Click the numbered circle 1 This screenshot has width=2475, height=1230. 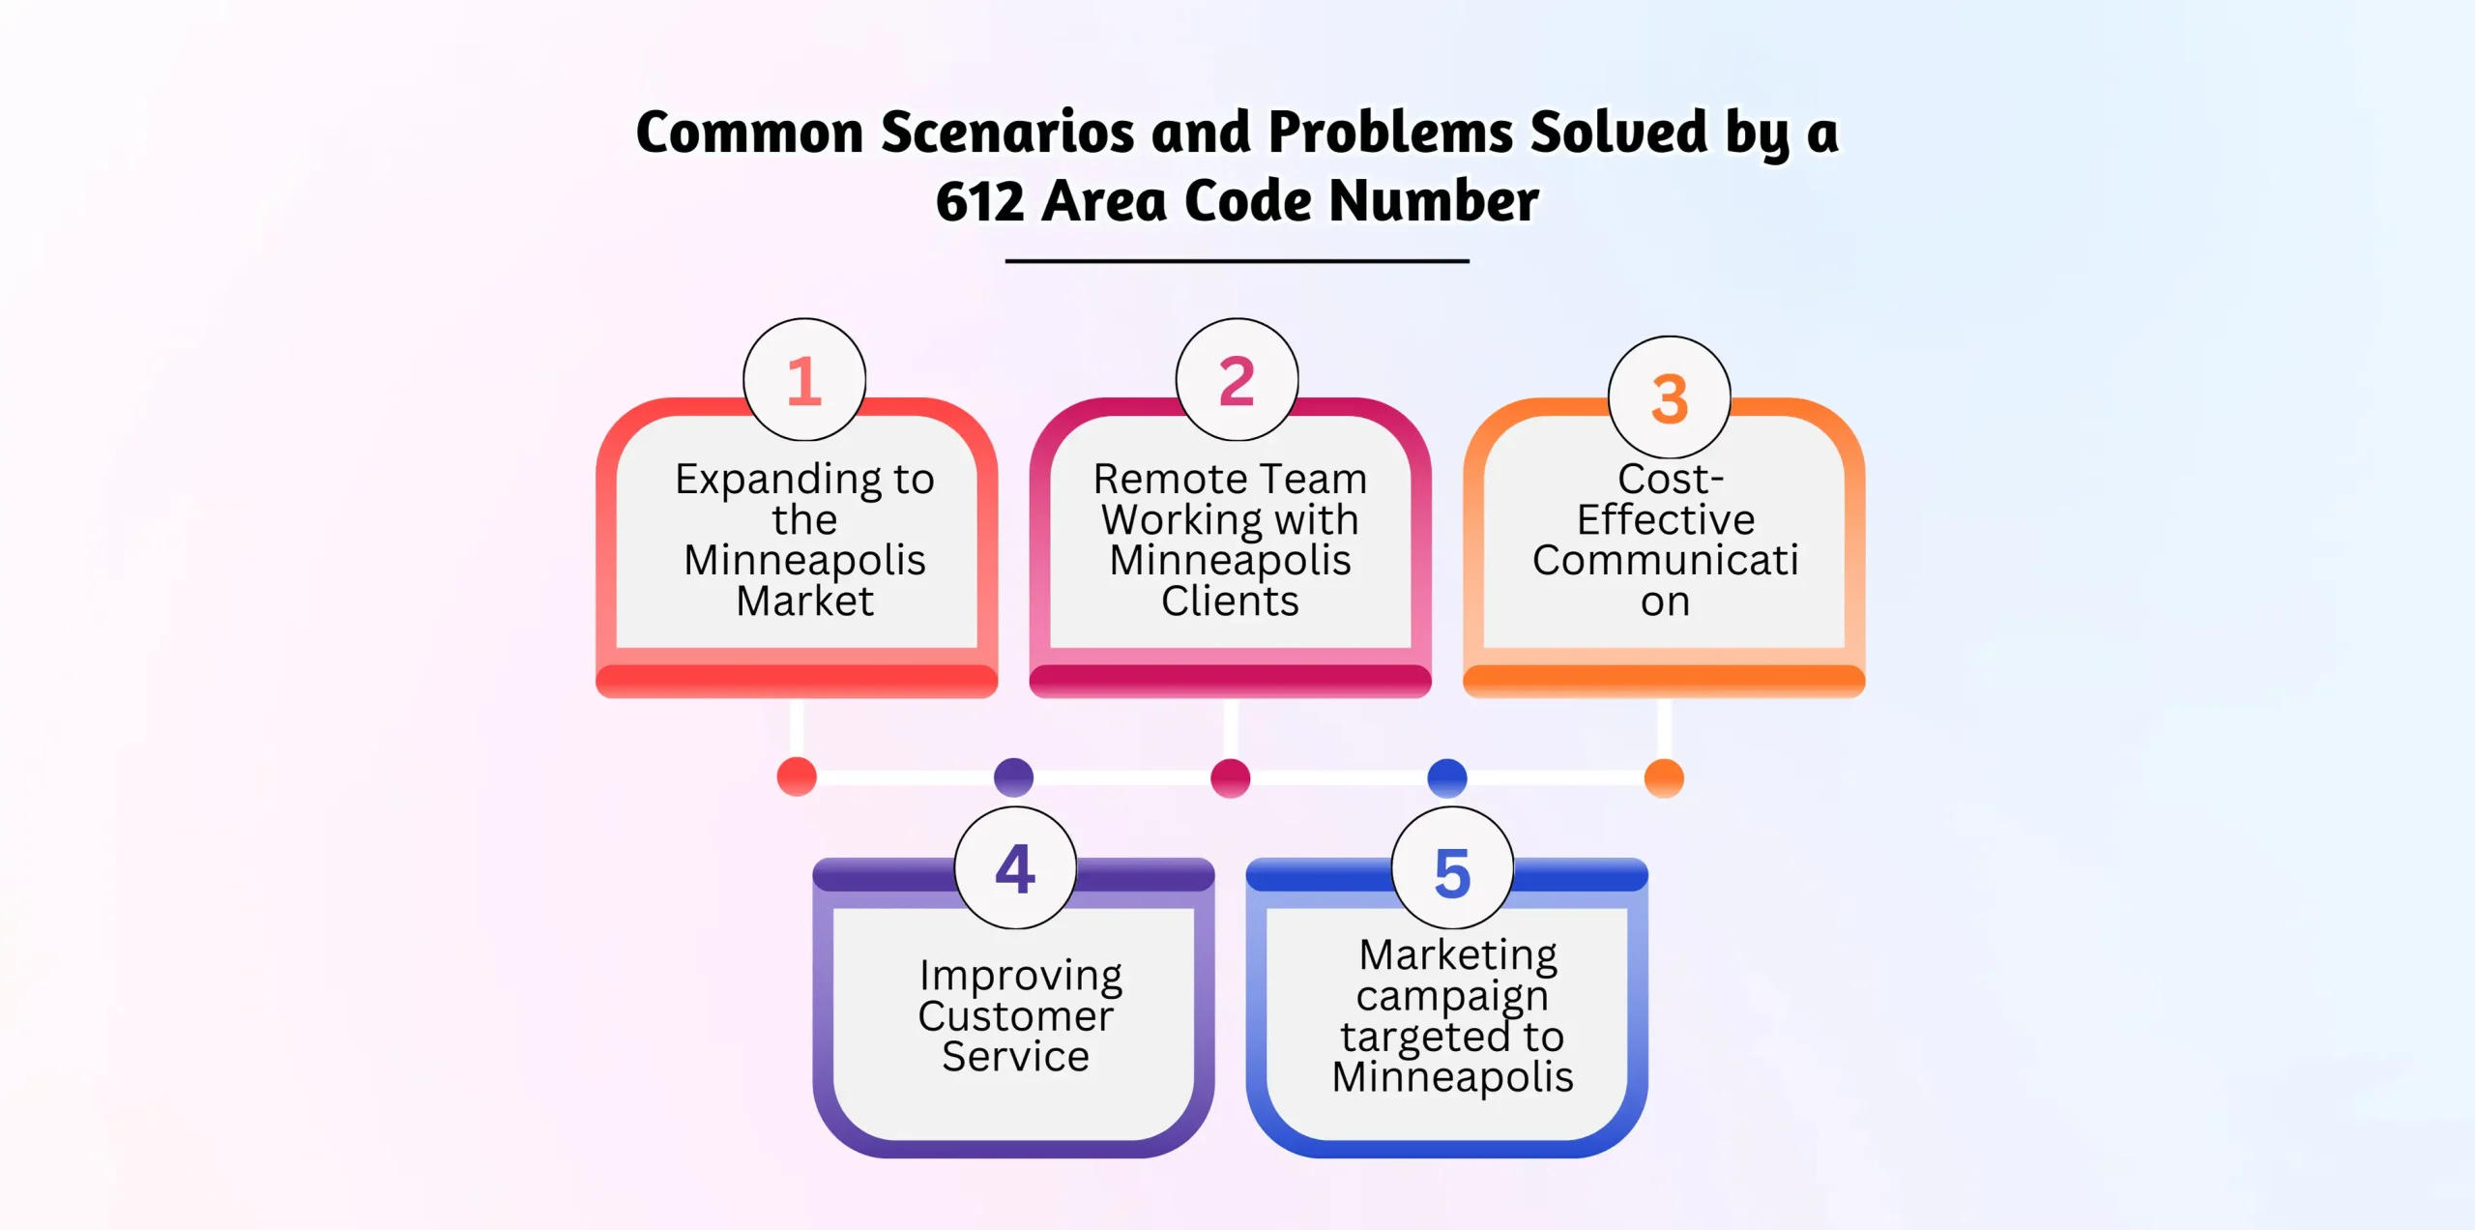coord(803,380)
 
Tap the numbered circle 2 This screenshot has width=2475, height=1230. coord(1237,380)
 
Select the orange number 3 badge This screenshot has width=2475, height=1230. coord(1669,397)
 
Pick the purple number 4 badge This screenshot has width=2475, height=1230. coord(1015,868)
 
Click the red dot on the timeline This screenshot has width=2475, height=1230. coord(797,776)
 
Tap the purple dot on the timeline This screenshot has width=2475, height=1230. coord(1013,776)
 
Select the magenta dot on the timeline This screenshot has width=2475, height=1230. coord(1230,777)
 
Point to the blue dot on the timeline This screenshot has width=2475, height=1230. coord(1446,776)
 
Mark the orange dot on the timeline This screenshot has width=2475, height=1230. coord(1664,777)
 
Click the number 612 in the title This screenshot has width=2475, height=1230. coord(979,201)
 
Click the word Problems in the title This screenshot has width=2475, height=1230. coord(1390,132)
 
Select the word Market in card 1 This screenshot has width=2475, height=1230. coord(804,601)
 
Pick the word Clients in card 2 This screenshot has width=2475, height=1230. coord(1230,601)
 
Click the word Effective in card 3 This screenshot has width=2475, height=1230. coord(1665,520)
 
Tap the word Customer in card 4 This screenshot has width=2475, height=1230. coord(1015,1016)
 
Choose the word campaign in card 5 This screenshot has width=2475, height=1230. coord(1452,996)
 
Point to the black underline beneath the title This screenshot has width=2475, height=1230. coord(1237,261)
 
